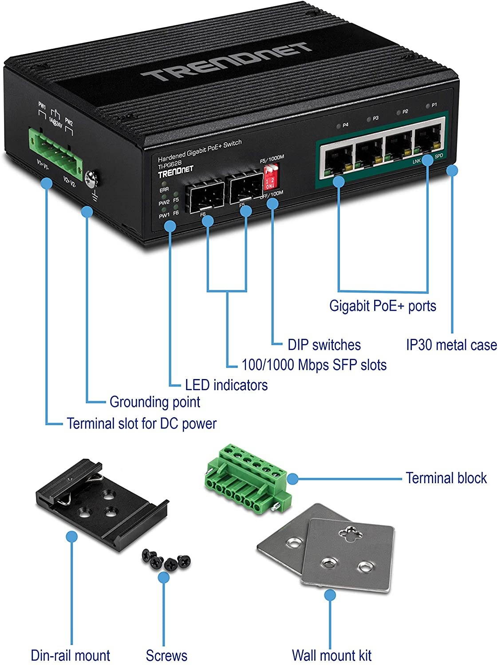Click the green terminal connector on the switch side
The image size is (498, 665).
55,149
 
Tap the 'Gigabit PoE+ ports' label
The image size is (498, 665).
383,306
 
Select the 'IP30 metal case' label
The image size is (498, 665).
451,345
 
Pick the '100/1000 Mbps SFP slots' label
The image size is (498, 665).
314,365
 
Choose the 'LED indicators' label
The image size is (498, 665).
226,385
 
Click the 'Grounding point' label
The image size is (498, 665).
155,402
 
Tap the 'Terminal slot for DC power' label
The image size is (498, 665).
142,423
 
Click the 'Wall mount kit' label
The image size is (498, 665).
331,655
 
